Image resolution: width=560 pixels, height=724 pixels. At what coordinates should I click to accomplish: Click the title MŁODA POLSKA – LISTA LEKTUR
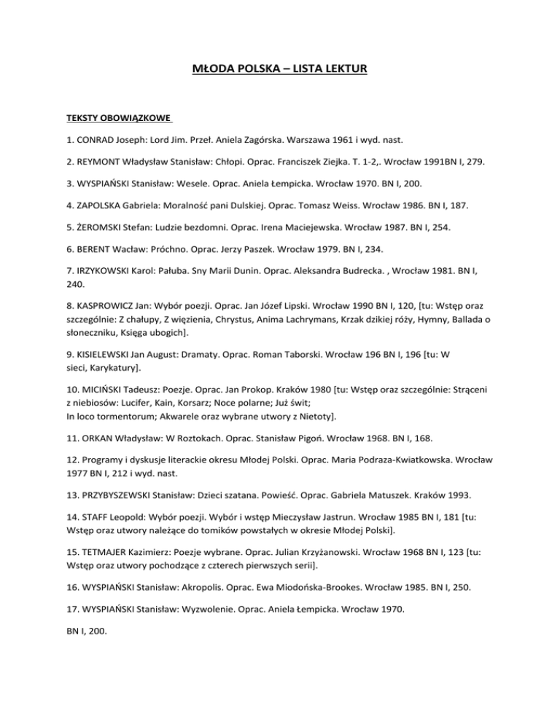click(279, 70)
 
